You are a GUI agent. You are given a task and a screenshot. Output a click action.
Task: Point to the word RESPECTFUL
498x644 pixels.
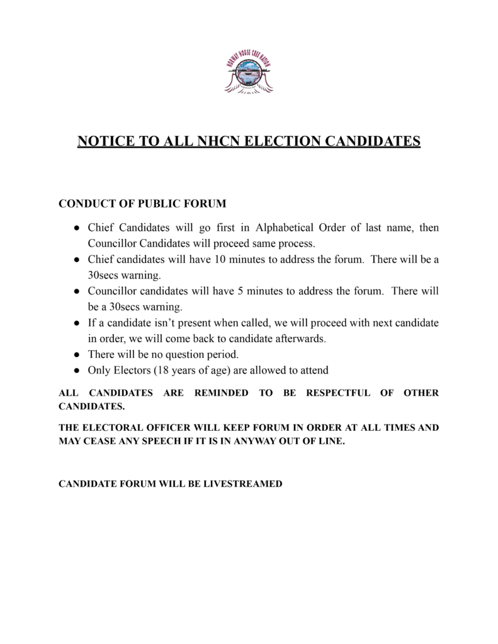click(x=338, y=393)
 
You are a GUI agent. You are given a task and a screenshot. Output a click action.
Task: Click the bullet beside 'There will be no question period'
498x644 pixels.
click(x=76, y=355)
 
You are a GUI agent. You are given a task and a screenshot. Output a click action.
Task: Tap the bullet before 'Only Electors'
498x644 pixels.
click(x=76, y=370)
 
